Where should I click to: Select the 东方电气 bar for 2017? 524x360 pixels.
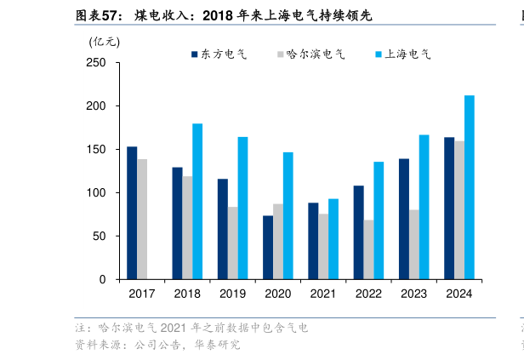[x=132, y=213]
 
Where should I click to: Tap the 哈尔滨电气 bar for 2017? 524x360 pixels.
[x=142, y=219]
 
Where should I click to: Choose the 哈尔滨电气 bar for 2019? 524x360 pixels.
[x=232, y=243]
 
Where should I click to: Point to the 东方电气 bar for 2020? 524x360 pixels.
[x=268, y=247]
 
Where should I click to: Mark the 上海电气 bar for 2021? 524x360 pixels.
[x=333, y=238]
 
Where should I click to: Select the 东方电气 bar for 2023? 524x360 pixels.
[x=404, y=219]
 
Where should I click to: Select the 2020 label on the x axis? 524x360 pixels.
[x=277, y=294]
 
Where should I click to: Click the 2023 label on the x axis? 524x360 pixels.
[x=413, y=294]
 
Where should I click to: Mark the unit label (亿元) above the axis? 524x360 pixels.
[x=105, y=40]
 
